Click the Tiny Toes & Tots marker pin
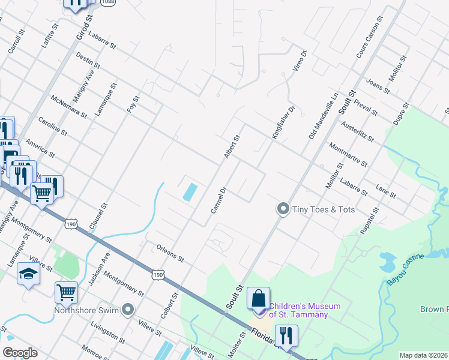click(283, 209)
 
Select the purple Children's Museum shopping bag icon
click(258, 300)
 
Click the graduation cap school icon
click(28, 274)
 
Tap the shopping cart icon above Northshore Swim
click(66, 293)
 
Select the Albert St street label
click(232, 147)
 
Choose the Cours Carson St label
click(369, 39)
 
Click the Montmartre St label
click(349, 155)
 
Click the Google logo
click(20, 353)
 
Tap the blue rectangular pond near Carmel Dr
click(190, 192)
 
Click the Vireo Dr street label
click(300, 62)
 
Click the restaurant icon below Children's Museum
click(285, 337)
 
